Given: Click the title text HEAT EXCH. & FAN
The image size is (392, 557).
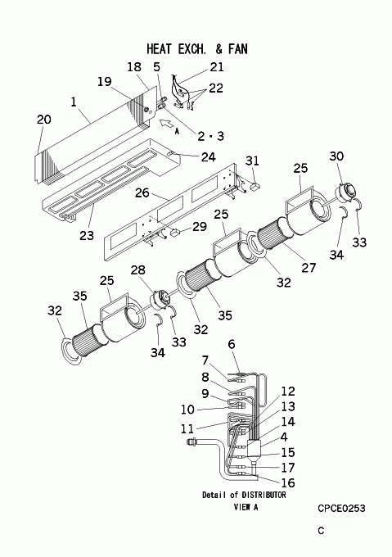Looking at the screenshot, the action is click(197, 49).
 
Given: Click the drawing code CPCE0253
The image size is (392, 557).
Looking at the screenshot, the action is click(341, 509).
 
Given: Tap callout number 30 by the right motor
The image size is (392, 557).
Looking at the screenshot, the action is click(336, 156).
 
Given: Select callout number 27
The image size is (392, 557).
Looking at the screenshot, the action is click(309, 267).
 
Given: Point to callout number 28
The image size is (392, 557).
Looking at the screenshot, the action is click(138, 270).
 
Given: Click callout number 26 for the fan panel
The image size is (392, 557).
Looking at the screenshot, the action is click(142, 192).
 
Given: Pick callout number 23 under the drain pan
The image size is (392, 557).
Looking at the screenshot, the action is click(87, 235).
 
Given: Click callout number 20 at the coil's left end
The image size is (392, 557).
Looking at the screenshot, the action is click(44, 120).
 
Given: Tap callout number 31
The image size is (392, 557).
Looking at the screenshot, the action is click(252, 161).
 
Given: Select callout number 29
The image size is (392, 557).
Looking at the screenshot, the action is click(200, 226).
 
